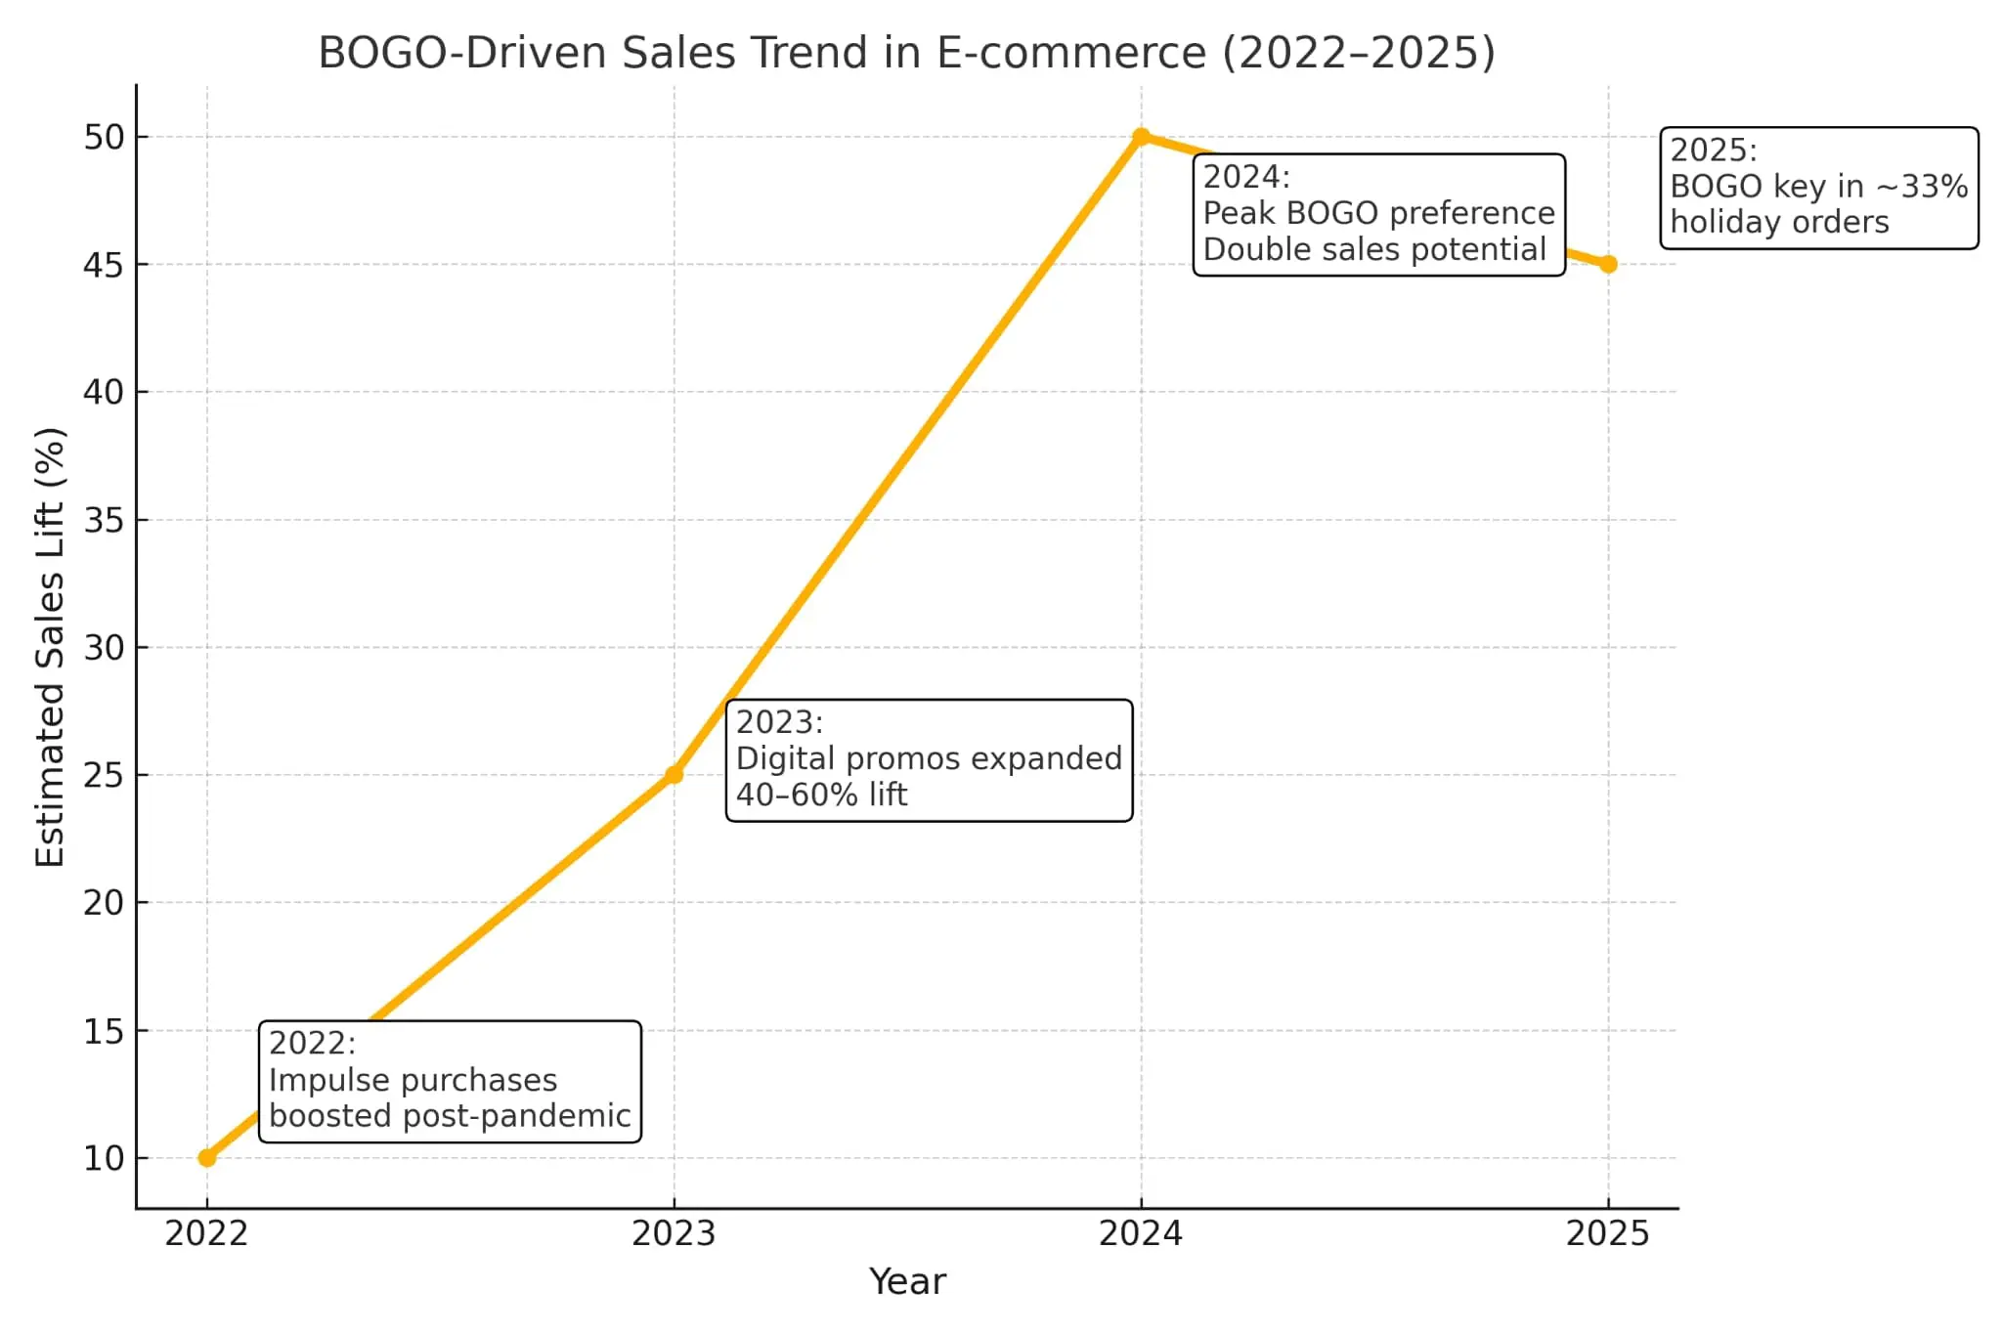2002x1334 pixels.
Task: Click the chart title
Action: [x=906, y=53]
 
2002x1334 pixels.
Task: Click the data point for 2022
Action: [x=207, y=1157]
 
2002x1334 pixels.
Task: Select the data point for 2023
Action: [x=674, y=775]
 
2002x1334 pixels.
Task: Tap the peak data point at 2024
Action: [x=1141, y=137]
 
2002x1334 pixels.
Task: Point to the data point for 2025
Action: [x=1608, y=264]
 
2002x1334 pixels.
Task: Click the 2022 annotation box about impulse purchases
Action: [x=450, y=1081]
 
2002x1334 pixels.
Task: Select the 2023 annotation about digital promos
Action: [x=929, y=759]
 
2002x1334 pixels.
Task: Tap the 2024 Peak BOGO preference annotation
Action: [x=1378, y=214]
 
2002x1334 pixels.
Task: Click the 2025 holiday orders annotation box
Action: [x=1818, y=188]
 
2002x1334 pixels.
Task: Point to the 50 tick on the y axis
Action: [x=105, y=138]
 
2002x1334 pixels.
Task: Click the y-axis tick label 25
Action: [x=105, y=776]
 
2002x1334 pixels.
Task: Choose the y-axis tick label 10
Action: [x=105, y=1159]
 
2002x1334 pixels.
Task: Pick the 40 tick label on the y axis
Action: [x=105, y=393]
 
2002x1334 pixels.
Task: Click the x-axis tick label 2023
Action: [x=674, y=1234]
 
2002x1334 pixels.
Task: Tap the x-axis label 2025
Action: [x=1608, y=1234]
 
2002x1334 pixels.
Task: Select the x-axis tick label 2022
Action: [x=207, y=1234]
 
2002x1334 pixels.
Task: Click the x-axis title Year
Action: [x=907, y=1281]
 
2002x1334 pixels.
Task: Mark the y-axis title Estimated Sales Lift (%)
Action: [x=50, y=647]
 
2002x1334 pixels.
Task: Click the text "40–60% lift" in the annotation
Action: [x=821, y=795]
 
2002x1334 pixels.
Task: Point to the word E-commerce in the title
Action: [x=1071, y=53]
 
